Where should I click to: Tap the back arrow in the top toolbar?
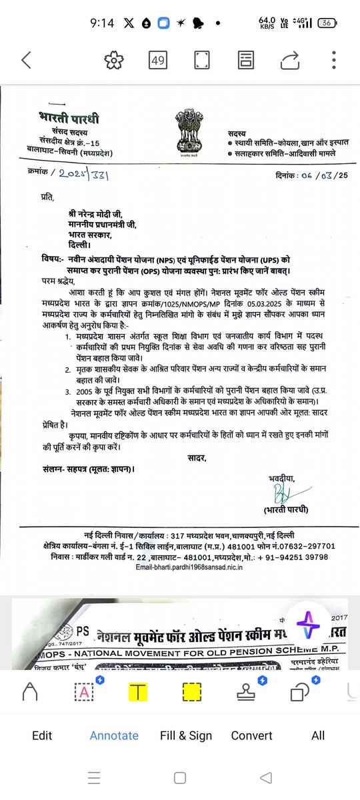[x=26, y=61]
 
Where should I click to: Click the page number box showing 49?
[x=158, y=61]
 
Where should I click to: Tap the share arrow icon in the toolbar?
[x=291, y=61]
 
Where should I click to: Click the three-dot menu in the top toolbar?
[x=335, y=61]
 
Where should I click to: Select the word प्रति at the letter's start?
[x=45, y=198]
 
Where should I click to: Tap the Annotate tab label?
[x=114, y=735]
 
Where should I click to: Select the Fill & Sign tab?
[x=186, y=735]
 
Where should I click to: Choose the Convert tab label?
[x=251, y=735]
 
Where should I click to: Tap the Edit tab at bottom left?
[x=42, y=735]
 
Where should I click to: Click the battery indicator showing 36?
[x=327, y=23]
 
